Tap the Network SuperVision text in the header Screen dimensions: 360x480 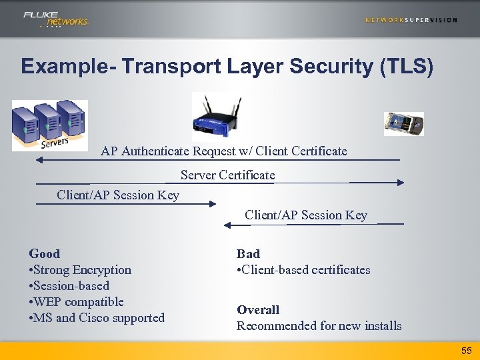[x=411, y=20]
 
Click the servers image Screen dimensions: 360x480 [x=50, y=125]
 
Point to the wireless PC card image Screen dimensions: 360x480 [x=404, y=124]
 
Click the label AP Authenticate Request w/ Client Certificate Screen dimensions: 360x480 [x=224, y=151]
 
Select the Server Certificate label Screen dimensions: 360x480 [x=227, y=175]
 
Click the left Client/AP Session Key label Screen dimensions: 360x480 [x=118, y=195]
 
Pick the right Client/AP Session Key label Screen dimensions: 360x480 [x=306, y=215]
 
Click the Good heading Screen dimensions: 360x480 [x=45, y=254]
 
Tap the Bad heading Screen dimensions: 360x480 [x=248, y=254]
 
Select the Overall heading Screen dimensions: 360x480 [x=258, y=310]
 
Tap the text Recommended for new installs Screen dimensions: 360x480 [x=319, y=326]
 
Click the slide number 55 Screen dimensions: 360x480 [x=466, y=350]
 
